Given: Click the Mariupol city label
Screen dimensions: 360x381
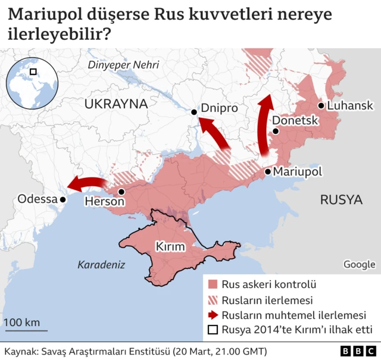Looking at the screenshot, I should pos(297,172).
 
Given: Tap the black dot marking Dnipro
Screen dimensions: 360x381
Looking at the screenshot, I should pos(194,112).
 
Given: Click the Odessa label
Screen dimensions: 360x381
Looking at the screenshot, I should pos(37,199).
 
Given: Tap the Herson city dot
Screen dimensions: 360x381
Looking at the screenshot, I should pos(121,192).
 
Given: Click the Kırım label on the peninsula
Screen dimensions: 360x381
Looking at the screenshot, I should pos(171,246).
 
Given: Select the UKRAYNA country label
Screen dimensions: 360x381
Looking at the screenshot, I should pos(115,104).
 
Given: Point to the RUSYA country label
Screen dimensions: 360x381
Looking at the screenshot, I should pos(341,200).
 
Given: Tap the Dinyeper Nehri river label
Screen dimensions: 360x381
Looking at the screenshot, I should pos(123,65).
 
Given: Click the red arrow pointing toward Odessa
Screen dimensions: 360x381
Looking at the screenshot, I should pos(87,182).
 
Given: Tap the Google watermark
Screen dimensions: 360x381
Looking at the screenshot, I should pos(359,265).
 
